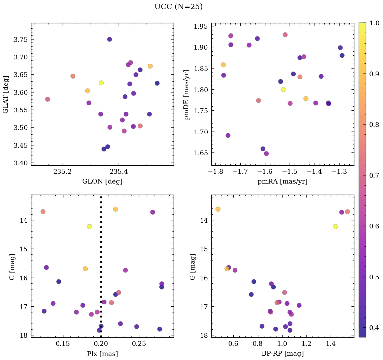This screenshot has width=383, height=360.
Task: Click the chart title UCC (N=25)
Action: tap(178, 7)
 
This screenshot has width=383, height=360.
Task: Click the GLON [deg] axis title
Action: tap(102, 182)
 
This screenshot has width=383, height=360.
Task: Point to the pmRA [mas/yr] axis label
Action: tap(283, 182)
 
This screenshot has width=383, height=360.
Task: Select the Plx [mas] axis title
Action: tap(102, 354)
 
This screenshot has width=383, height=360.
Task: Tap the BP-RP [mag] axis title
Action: tap(283, 354)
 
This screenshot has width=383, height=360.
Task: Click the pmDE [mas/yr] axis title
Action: tap(186, 94)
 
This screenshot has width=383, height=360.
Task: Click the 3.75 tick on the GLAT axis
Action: tap(20, 39)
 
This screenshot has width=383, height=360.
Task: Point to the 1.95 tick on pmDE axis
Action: tap(201, 26)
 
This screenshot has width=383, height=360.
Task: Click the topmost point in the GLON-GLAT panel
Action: tap(110, 39)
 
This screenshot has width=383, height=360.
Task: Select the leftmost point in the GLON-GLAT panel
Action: tap(48, 99)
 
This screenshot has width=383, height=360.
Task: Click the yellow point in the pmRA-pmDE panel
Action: tap(284, 89)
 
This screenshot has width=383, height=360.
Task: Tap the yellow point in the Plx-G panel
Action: tap(89, 226)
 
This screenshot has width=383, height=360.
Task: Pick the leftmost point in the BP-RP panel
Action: tap(218, 209)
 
